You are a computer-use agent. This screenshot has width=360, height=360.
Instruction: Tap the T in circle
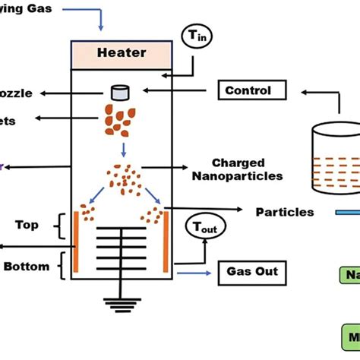click(194, 36)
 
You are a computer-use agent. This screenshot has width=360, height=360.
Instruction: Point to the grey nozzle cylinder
click(118, 92)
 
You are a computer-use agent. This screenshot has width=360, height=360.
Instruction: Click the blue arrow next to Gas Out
click(193, 271)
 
